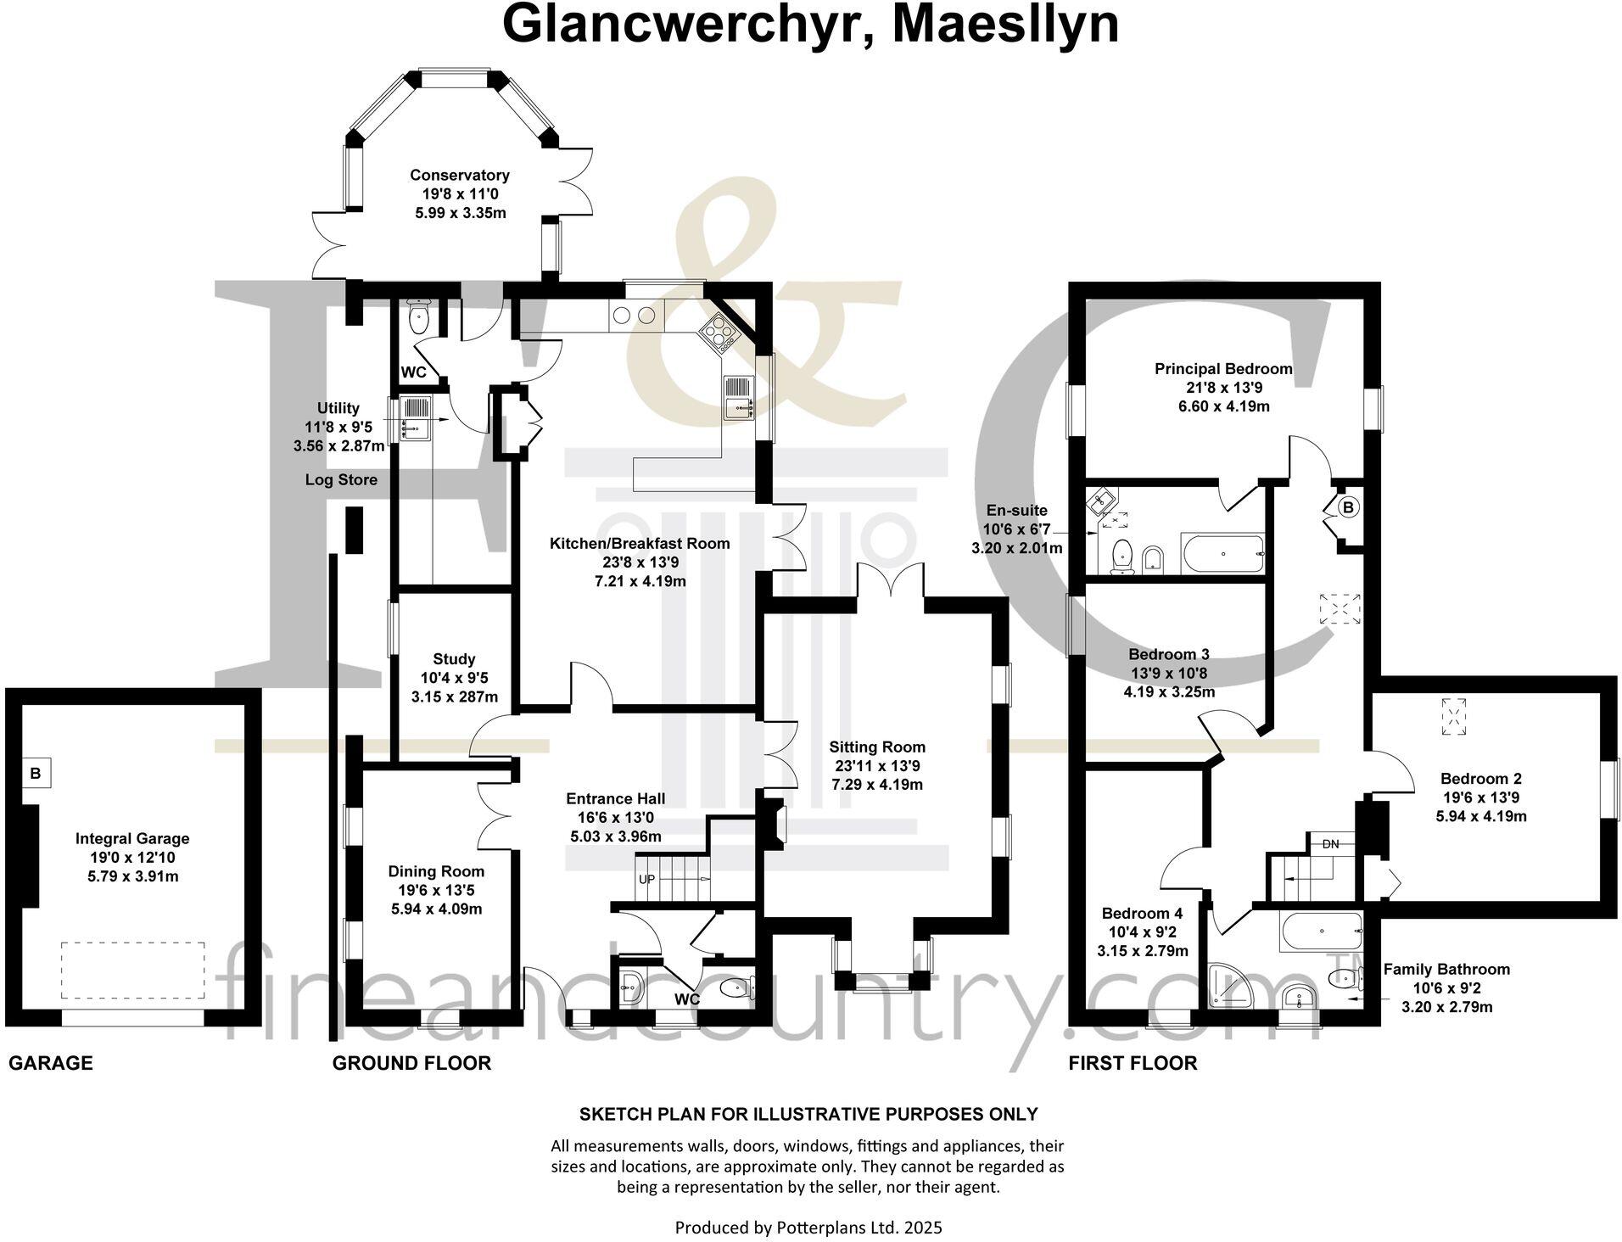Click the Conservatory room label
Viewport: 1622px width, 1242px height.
point(459,176)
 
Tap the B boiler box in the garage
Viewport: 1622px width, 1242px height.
point(36,773)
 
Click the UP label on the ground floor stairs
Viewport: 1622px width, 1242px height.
point(646,879)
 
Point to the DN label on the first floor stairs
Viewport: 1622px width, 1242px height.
point(1330,843)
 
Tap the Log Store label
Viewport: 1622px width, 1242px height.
point(341,480)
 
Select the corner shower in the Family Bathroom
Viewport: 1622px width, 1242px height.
point(1228,985)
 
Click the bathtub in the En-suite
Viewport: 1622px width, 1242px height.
point(1222,553)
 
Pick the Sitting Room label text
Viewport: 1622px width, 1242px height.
point(877,747)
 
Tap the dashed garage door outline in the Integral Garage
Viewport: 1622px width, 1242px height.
point(132,970)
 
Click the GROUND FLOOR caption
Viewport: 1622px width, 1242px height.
point(411,1063)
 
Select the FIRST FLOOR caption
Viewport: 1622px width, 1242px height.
point(1133,1063)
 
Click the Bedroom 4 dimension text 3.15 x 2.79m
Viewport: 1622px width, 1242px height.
point(1142,951)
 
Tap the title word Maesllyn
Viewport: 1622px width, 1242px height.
point(1005,25)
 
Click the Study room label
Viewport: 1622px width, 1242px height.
point(454,659)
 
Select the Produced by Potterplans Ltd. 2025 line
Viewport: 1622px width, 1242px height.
point(808,1227)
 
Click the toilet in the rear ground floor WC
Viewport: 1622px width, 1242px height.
point(418,319)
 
